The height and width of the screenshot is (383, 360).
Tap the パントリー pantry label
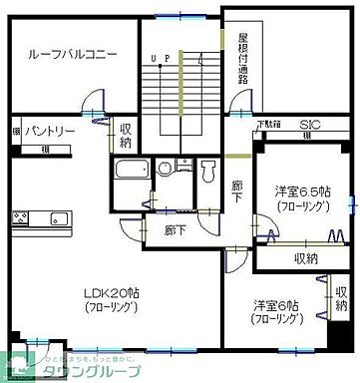click(x=50, y=131)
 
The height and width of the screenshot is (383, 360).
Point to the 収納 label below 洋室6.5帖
click(x=306, y=258)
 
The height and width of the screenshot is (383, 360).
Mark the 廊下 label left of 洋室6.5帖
click(x=236, y=191)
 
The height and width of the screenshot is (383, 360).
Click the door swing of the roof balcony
click(x=94, y=102)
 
